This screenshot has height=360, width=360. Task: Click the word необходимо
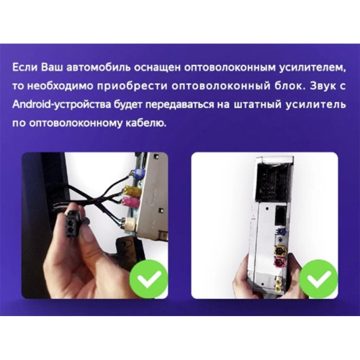[x=60, y=86]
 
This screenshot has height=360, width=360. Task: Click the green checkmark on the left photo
[x=148, y=279]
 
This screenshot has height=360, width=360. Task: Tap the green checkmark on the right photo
[x=319, y=279]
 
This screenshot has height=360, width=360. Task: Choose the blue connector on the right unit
[x=280, y=232]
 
